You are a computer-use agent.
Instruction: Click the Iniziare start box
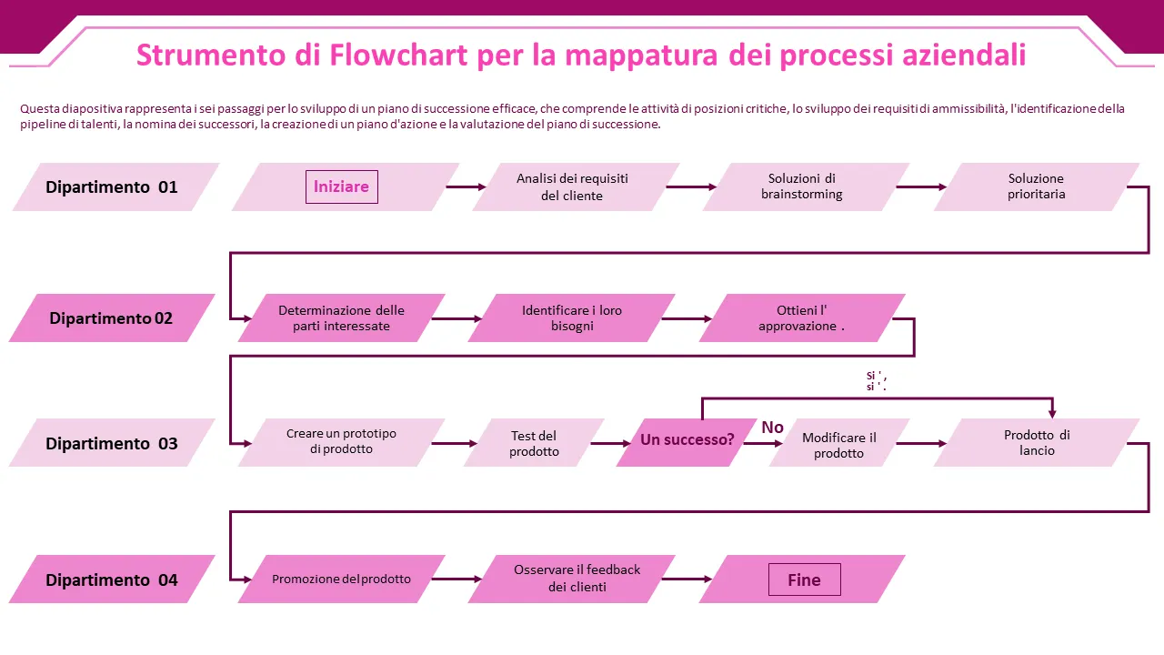point(341,186)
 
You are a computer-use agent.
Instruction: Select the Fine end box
point(804,579)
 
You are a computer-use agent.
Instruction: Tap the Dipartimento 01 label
point(113,187)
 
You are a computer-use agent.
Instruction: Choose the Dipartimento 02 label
point(111,318)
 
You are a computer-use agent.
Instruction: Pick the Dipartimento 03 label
point(112,444)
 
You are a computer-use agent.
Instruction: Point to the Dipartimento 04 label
point(112,580)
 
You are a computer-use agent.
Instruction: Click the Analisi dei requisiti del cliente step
point(573,187)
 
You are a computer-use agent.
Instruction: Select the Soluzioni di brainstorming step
point(802,186)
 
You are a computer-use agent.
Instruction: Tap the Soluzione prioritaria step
point(1036,186)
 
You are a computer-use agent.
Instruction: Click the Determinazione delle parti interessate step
point(342,318)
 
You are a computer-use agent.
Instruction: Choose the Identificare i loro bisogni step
point(572,318)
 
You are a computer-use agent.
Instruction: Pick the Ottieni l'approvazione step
point(801,318)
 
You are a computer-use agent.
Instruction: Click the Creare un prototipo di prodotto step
point(342,442)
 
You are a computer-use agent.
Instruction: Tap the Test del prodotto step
point(534,443)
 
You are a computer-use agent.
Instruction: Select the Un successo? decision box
point(687,440)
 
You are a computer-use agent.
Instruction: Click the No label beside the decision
point(772,428)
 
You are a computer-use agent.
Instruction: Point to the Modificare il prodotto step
point(838,444)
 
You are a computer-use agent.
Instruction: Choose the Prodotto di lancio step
point(1037,442)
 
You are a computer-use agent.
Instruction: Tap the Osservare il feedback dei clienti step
point(577,579)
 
